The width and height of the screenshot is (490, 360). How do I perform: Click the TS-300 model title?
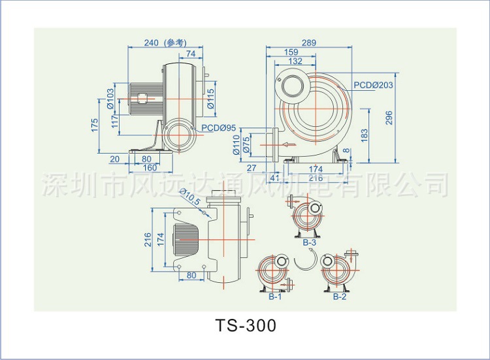(245, 325)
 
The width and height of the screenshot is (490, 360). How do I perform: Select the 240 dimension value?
(151, 43)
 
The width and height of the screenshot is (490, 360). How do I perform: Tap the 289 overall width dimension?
(309, 43)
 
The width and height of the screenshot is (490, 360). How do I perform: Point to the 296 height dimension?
(389, 118)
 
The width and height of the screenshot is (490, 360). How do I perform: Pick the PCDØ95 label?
(218, 127)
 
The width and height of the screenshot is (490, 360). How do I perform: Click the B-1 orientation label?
(274, 297)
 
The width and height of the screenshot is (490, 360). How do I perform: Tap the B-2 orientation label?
(339, 297)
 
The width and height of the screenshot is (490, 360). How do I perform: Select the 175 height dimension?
(95, 124)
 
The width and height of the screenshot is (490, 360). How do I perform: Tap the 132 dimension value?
(295, 61)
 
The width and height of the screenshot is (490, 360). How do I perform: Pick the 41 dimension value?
(274, 178)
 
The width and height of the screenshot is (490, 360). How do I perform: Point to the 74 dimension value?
(191, 53)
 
